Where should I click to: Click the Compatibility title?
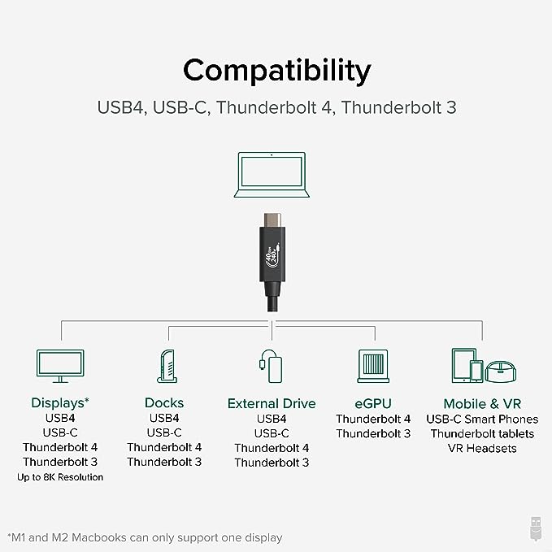[x=277, y=72]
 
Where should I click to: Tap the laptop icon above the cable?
[x=272, y=175]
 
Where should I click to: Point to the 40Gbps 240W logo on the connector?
[x=272, y=254]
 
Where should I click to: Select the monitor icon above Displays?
[x=60, y=366]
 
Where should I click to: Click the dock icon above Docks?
[x=167, y=366]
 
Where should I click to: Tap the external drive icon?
[x=271, y=366]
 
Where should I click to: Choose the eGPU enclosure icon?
[x=373, y=366]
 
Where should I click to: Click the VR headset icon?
[x=501, y=372]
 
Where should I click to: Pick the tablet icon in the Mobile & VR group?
[x=463, y=365]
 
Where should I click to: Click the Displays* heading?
[x=60, y=403]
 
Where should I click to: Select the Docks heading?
[x=164, y=403]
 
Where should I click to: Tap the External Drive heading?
[x=272, y=404]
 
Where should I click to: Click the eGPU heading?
[x=373, y=404]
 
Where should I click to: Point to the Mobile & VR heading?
[x=482, y=404]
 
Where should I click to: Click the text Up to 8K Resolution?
[x=60, y=477]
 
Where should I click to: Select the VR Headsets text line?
[x=482, y=449]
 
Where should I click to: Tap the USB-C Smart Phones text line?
[x=482, y=419]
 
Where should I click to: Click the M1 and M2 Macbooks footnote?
[x=145, y=538]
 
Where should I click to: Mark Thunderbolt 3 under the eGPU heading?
[x=373, y=434]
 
